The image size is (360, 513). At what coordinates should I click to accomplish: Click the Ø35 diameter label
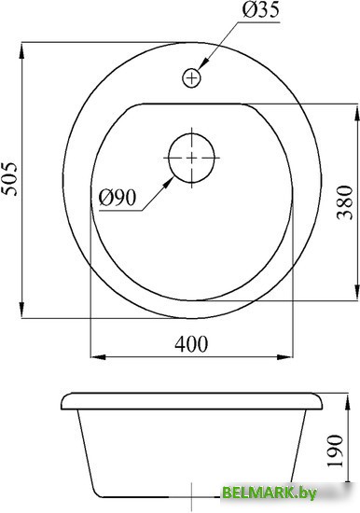click(261, 10)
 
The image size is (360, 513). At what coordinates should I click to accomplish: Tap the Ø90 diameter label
click(118, 198)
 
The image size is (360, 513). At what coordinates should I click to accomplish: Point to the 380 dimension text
click(345, 202)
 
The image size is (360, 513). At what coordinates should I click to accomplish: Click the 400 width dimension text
click(191, 344)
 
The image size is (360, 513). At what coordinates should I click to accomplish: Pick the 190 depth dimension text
click(335, 451)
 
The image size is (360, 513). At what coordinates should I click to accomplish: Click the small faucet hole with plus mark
click(191, 77)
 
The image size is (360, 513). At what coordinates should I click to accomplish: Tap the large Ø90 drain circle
click(191, 158)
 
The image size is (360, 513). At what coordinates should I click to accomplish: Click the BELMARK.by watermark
click(269, 492)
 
